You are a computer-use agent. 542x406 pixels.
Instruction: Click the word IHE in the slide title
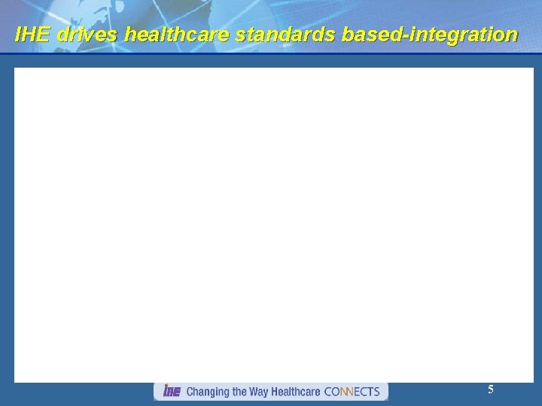(x=32, y=35)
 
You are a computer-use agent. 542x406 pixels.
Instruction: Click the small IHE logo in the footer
(x=171, y=391)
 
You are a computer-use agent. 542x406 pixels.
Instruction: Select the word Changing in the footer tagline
(x=209, y=392)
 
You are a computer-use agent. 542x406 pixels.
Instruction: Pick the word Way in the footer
(x=262, y=392)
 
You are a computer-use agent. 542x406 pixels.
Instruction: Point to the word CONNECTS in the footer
(x=352, y=392)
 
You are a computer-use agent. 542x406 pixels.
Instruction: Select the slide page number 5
(x=491, y=389)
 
